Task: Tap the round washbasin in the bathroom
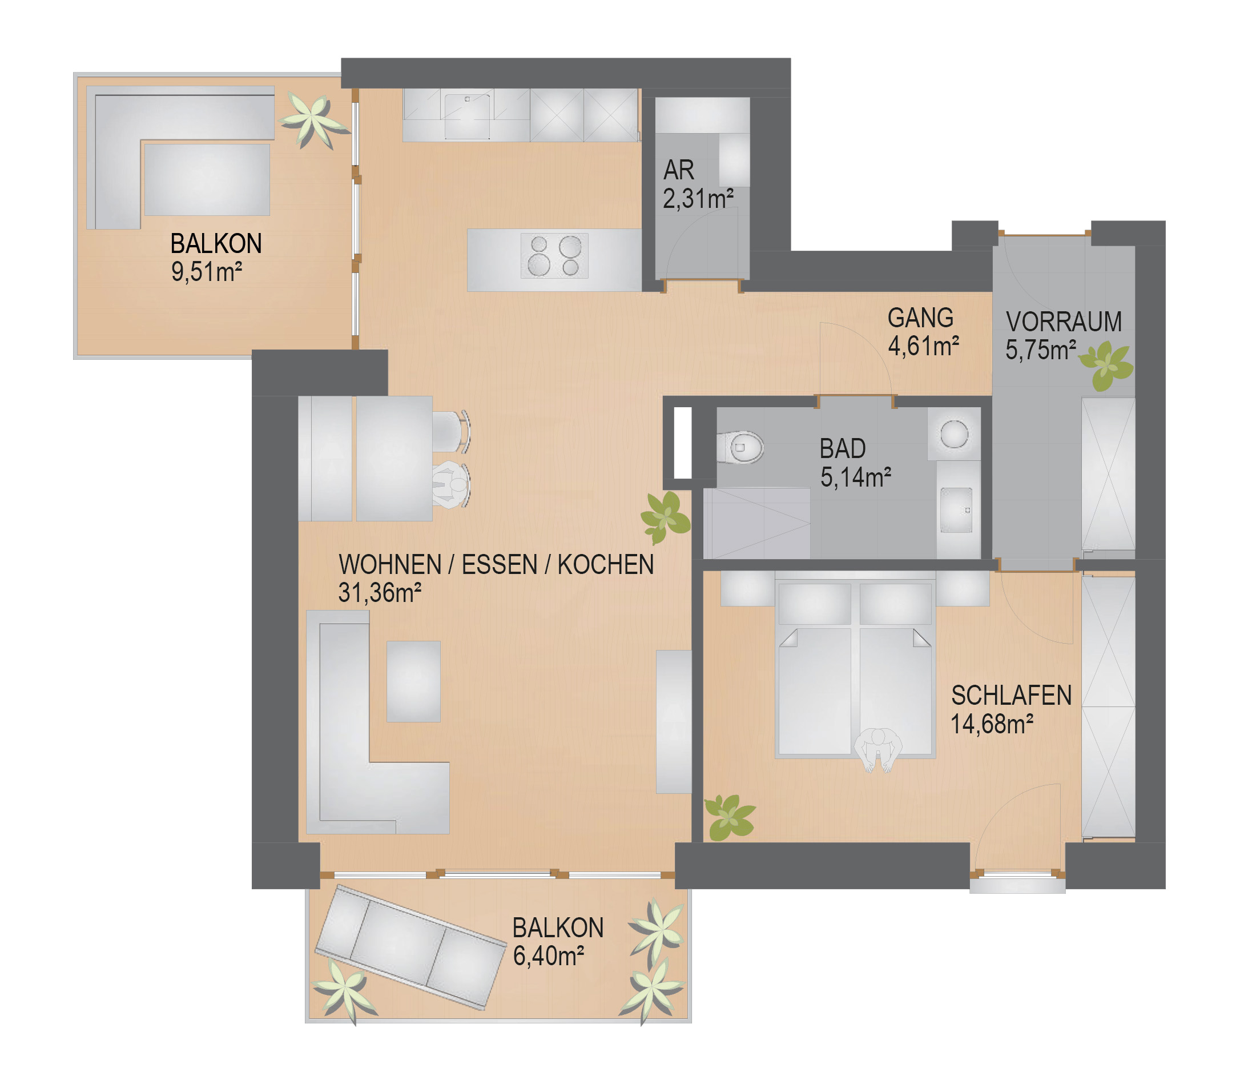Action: point(954,435)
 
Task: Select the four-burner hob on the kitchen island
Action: point(554,256)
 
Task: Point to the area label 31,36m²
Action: point(380,593)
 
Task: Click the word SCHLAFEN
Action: point(1011,696)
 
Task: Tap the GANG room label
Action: point(920,318)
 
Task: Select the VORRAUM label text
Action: point(1064,322)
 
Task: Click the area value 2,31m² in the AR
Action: point(698,199)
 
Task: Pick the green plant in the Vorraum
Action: point(1106,366)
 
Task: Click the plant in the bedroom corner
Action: point(729,817)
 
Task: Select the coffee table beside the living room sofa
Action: point(413,681)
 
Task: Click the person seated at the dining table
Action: point(452,484)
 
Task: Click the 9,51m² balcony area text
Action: point(207,272)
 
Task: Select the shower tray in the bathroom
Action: point(756,523)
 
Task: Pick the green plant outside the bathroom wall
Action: point(665,517)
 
